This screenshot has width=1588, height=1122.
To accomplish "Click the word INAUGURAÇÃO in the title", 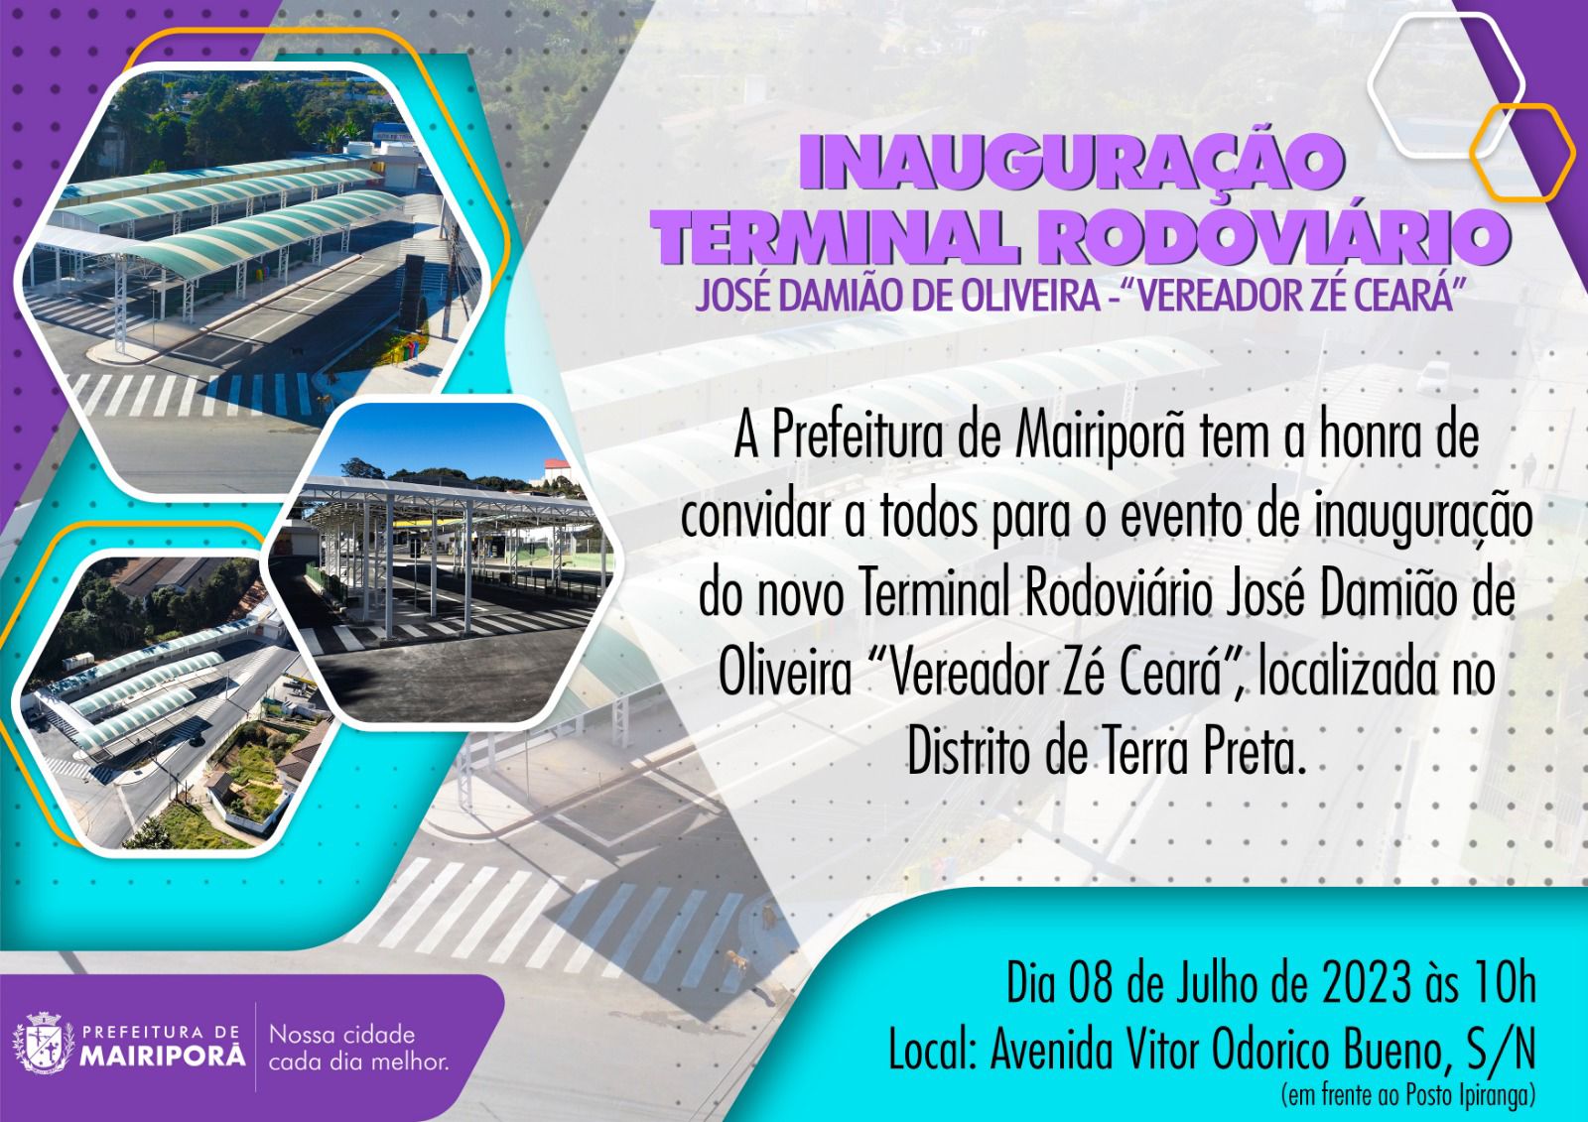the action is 1072,165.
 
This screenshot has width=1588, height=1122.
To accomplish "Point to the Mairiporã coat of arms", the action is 44,1043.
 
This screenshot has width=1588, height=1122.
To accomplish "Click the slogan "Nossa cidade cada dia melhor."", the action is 358,1048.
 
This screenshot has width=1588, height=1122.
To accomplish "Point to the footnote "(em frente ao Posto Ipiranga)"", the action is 1408,1095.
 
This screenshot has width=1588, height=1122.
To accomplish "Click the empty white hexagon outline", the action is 1446,85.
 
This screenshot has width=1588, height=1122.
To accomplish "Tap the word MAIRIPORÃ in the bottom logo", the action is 162,1057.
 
